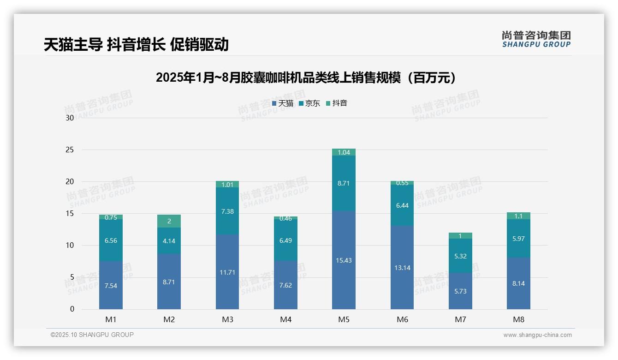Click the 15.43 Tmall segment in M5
[x=344, y=260]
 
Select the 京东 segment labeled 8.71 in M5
[x=344, y=183]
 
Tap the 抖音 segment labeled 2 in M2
[x=169, y=221]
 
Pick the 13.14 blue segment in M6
[x=402, y=268]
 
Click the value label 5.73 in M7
[x=460, y=291]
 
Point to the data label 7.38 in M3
[x=227, y=211]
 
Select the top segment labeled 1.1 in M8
[x=518, y=216]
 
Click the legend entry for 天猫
[x=283, y=103]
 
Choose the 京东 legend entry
[x=309, y=103]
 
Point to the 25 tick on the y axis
[x=70, y=150]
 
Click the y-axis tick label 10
[x=70, y=245]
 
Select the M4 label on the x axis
[x=285, y=319]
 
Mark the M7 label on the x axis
[x=460, y=319]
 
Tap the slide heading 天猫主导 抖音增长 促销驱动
[x=136, y=44]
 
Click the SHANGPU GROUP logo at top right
[x=536, y=39]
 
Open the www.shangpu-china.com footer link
[x=537, y=335]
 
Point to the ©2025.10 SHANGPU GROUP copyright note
[x=92, y=335]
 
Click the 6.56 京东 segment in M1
[x=111, y=240]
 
